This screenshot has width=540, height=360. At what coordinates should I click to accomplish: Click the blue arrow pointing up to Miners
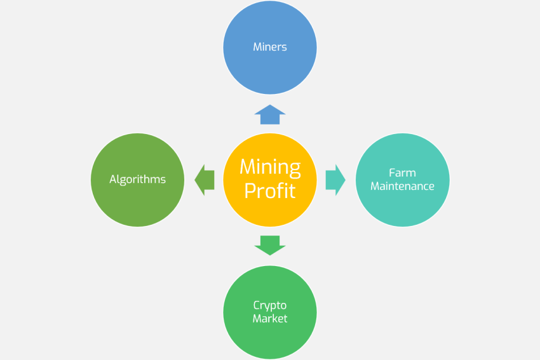tap(270, 115)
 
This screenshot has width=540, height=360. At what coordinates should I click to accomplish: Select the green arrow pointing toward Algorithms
tap(205, 180)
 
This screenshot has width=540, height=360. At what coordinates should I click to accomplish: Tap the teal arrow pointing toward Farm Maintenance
tap(335, 180)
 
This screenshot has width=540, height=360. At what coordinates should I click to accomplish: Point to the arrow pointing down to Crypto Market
tap(270, 244)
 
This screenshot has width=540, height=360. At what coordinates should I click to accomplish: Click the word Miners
tap(270, 47)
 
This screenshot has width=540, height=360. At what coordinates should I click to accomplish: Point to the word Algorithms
tap(138, 180)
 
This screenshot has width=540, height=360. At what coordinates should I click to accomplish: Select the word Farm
tap(403, 173)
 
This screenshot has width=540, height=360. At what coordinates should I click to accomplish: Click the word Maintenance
tap(403, 187)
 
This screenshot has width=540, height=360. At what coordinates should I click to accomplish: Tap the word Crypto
tap(270, 305)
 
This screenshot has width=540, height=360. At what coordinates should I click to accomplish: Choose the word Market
tap(270, 319)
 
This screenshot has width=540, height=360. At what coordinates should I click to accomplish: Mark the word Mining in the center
tap(270, 168)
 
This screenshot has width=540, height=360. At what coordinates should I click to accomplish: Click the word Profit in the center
tap(270, 190)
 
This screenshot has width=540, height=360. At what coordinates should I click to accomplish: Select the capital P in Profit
tap(250, 190)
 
